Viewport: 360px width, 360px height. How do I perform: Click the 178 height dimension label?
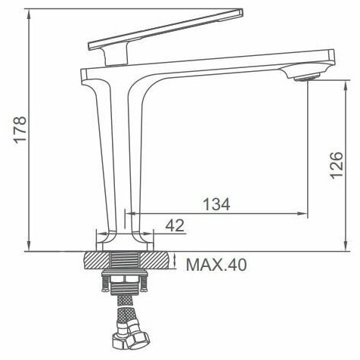coord(20,130)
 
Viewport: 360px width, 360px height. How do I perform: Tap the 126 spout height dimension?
coord(337,166)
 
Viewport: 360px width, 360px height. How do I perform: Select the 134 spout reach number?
coord(216,204)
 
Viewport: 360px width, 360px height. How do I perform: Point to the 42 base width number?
coord(175,225)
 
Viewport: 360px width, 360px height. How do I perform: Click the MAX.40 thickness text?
coord(216,265)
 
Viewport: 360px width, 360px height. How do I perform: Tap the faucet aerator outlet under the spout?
coord(307,76)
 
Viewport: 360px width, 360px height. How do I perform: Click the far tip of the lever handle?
coord(241,13)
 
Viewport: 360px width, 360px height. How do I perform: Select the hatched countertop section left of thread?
coord(97,260)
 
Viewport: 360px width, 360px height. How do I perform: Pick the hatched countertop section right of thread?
coord(154,260)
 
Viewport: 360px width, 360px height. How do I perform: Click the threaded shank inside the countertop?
coord(126,260)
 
